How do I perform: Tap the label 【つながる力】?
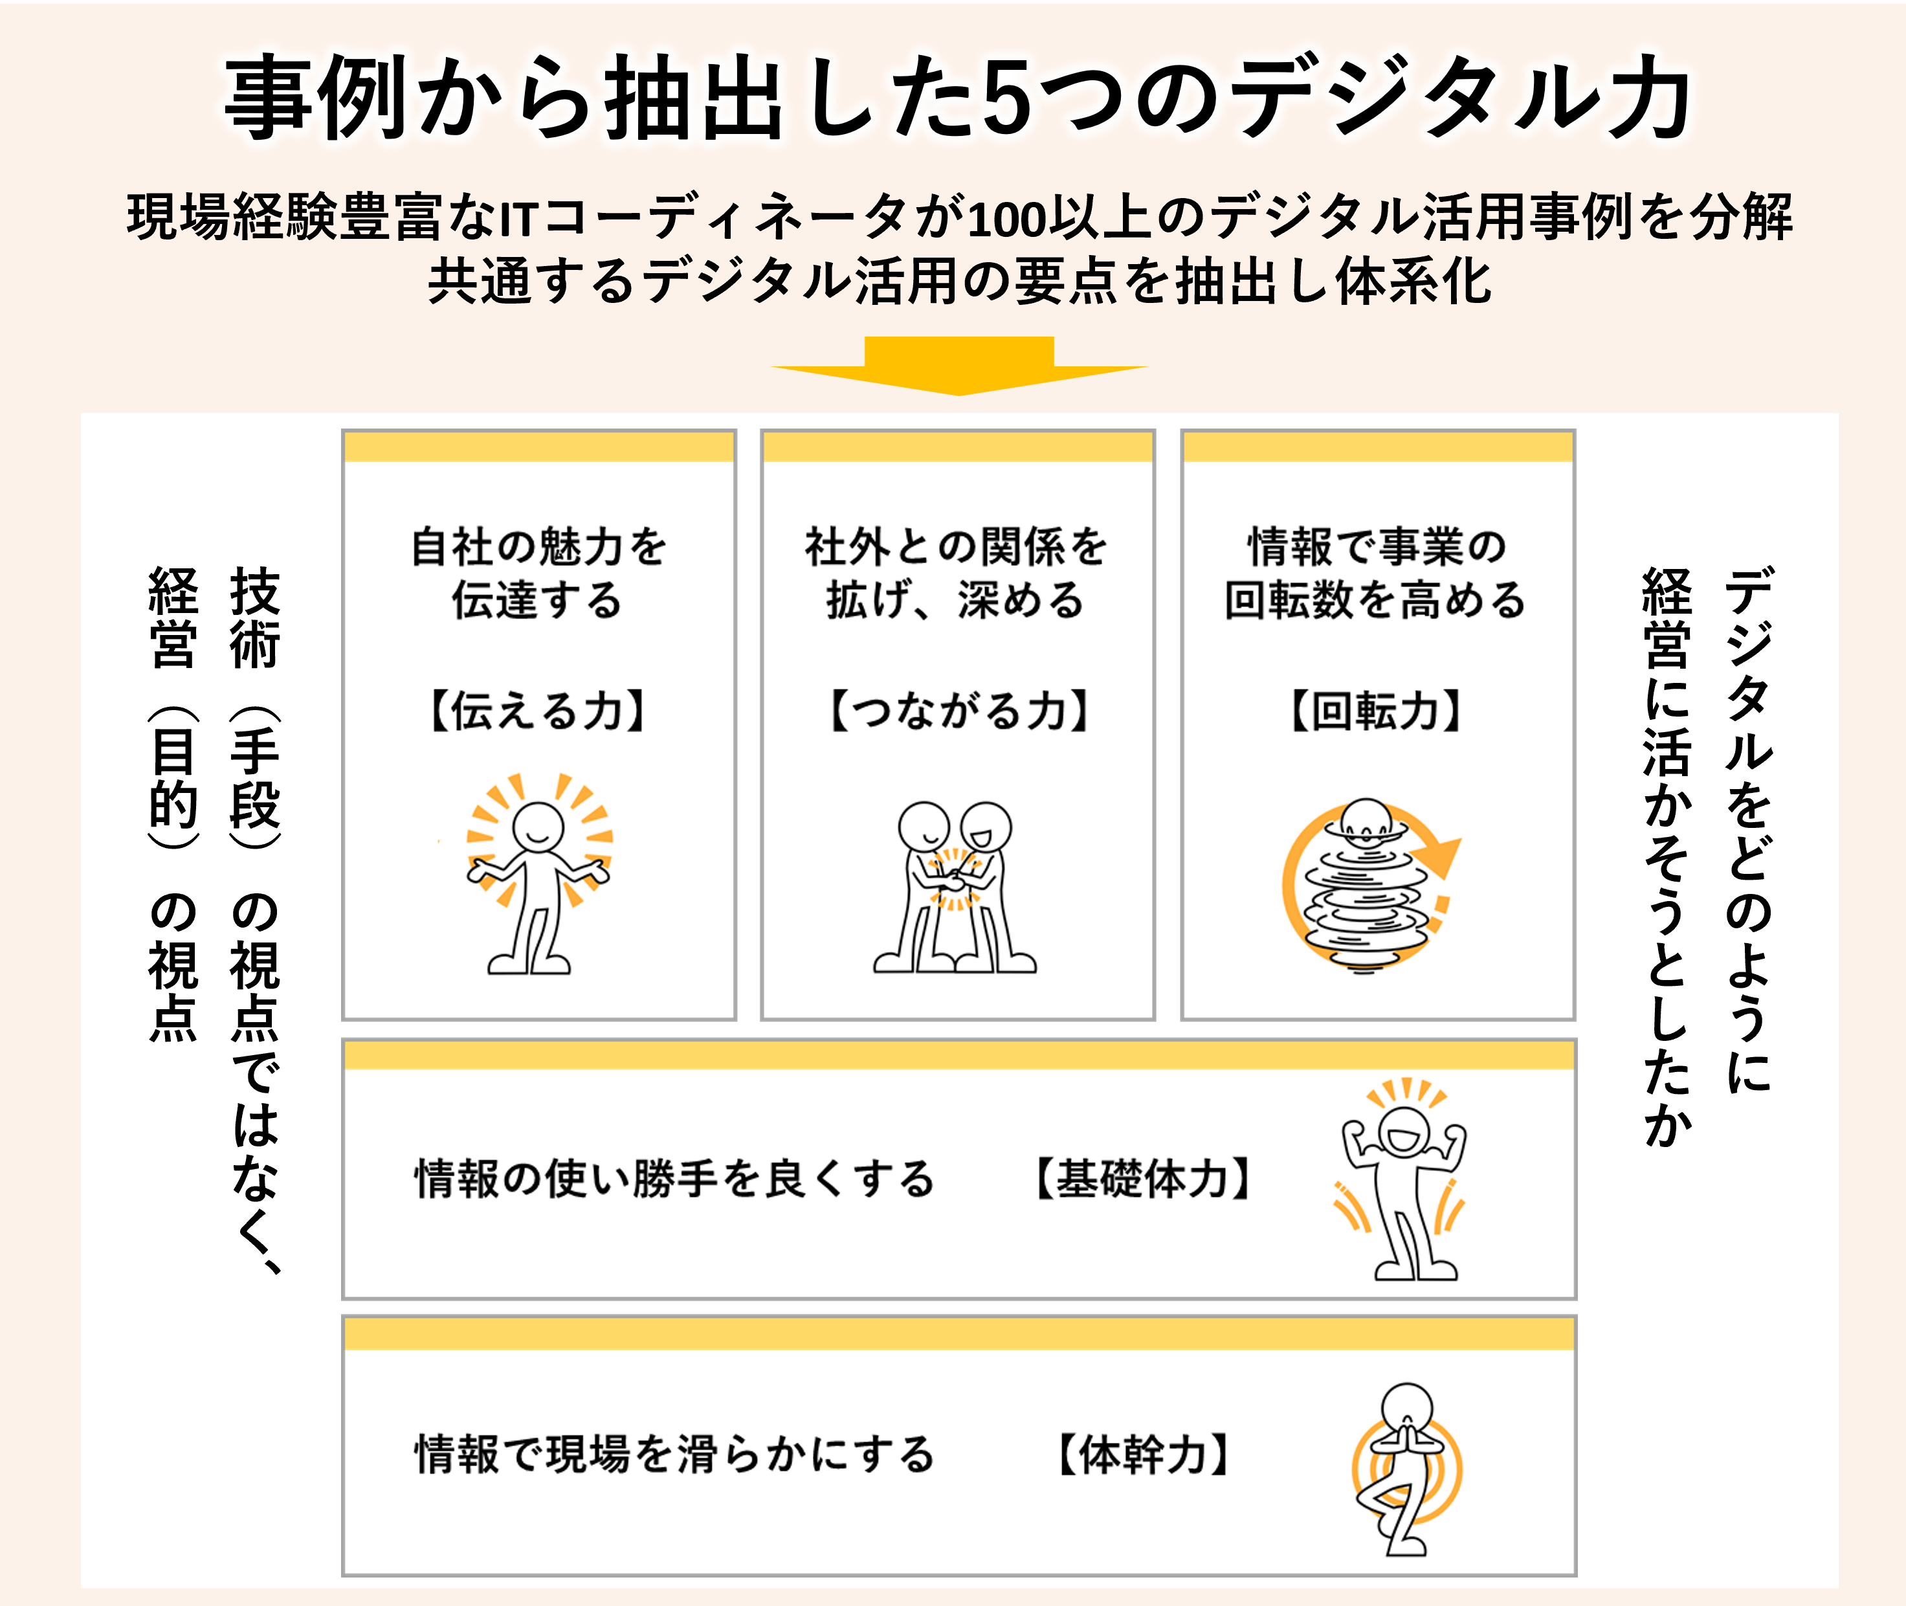pos(959,711)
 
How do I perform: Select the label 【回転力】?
pos(1376,711)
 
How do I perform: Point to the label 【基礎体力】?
pos(1144,1179)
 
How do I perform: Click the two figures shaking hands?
pos(954,887)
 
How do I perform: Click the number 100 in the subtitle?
pos(1006,219)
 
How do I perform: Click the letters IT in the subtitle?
pos(520,219)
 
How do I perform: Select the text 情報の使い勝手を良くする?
pos(674,1179)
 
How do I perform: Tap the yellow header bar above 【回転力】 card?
pos(1377,447)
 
